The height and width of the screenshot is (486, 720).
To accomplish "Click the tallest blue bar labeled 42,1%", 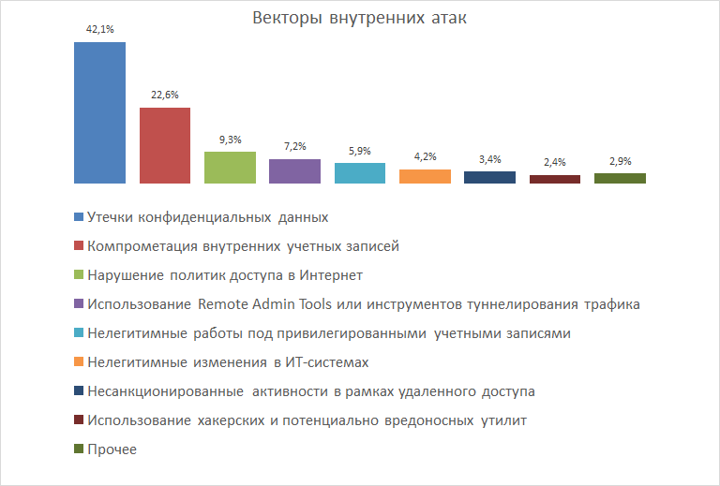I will coord(99,112).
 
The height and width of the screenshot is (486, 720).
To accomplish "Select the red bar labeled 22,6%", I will coord(165,145).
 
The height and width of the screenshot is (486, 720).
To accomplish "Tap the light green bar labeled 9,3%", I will coord(230,167).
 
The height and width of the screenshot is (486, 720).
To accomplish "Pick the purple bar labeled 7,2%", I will coord(294,171).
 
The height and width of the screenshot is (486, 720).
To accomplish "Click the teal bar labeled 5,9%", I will coord(360,173).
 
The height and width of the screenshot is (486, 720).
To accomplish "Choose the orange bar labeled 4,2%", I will coord(425,176).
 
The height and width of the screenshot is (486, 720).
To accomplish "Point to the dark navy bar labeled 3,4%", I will coord(489,177).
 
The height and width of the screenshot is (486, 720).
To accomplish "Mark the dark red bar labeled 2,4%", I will coord(555,179).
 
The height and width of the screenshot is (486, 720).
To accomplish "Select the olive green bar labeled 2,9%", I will coord(620,178).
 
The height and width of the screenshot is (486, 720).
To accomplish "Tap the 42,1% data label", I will coord(99,29).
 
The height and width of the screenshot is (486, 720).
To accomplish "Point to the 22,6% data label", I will coord(165,95).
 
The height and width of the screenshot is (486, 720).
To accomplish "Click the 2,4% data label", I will coord(555,162).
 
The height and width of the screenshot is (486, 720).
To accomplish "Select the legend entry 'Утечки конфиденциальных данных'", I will coord(207,217).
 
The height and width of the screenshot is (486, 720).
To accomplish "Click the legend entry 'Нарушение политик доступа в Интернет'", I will coord(224,275).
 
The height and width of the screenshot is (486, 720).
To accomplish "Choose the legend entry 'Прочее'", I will coord(112,449).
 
